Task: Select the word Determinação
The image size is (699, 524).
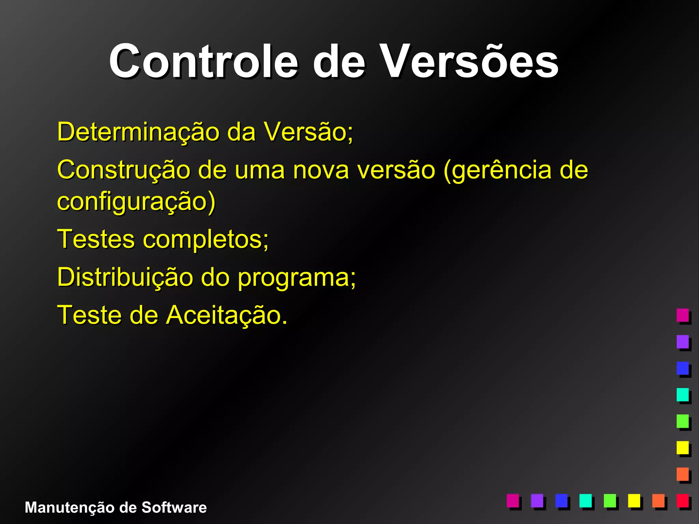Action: pyautogui.click(x=138, y=132)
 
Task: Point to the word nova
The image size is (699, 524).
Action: pyautogui.click(x=321, y=170)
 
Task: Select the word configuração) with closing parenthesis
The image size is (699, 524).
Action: pyautogui.click(x=136, y=202)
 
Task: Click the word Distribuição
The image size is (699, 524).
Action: pyautogui.click(x=125, y=277)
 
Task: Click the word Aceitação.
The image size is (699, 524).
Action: pyautogui.click(x=227, y=315)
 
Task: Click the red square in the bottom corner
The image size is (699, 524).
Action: pyautogui.click(x=683, y=500)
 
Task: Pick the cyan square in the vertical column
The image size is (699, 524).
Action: pyautogui.click(x=683, y=394)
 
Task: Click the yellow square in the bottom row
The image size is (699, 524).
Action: pyautogui.click(x=634, y=500)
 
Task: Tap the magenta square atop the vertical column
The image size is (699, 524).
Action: pyautogui.click(x=683, y=315)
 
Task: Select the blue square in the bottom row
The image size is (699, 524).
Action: pyautogui.click(x=561, y=500)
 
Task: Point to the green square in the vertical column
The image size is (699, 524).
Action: pyautogui.click(x=683, y=421)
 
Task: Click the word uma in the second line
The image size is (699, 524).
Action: pyautogui.click(x=259, y=170)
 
